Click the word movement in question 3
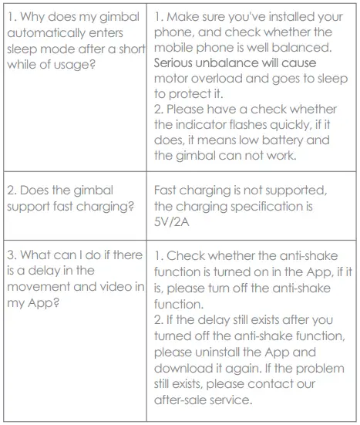coord(35,287)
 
